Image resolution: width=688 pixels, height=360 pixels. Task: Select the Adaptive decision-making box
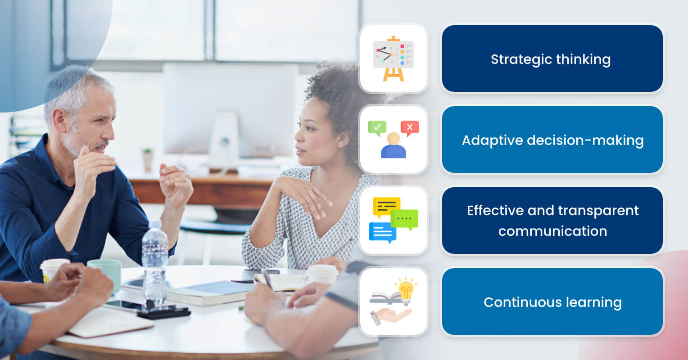pyautogui.click(x=552, y=140)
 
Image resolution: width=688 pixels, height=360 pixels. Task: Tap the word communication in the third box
pyautogui.click(x=552, y=231)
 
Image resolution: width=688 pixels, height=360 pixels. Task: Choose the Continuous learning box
pyautogui.click(x=552, y=302)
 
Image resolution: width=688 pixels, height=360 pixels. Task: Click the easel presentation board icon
pyautogui.click(x=393, y=58)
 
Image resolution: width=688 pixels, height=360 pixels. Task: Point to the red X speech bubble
pyautogui.click(x=409, y=128)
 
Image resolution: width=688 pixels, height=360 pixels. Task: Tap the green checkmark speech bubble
pyautogui.click(x=377, y=128)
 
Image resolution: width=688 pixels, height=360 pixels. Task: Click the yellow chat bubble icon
pyautogui.click(x=386, y=207)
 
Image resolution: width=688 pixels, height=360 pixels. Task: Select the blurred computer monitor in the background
pyautogui.click(x=230, y=108)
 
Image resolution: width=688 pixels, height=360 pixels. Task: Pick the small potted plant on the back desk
pyautogui.click(x=148, y=159)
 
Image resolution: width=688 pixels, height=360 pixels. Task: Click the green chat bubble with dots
pyautogui.click(x=404, y=219)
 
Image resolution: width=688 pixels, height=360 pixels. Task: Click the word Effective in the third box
pyautogui.click(x=489, y=211)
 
